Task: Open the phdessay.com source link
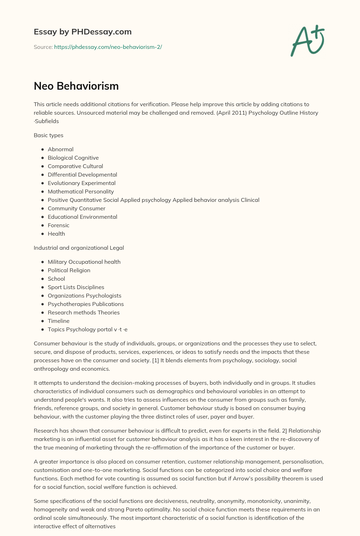click(108, 47)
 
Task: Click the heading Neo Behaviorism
click(76, 86)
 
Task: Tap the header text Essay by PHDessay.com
click(83, 32)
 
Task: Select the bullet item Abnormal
click(60, 149)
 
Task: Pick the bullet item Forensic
click(58, 225)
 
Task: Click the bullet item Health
click(56, 234)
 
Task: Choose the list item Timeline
click(58, 321)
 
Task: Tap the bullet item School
click(56, 279)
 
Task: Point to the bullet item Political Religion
click(69, 270)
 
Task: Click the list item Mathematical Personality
click(81, 191)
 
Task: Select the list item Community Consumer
click(76, 208)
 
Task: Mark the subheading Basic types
click(49, 135)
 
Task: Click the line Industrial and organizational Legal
click(79, 248)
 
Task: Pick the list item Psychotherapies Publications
click(86, 304)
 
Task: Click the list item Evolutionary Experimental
click(82, 183)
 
